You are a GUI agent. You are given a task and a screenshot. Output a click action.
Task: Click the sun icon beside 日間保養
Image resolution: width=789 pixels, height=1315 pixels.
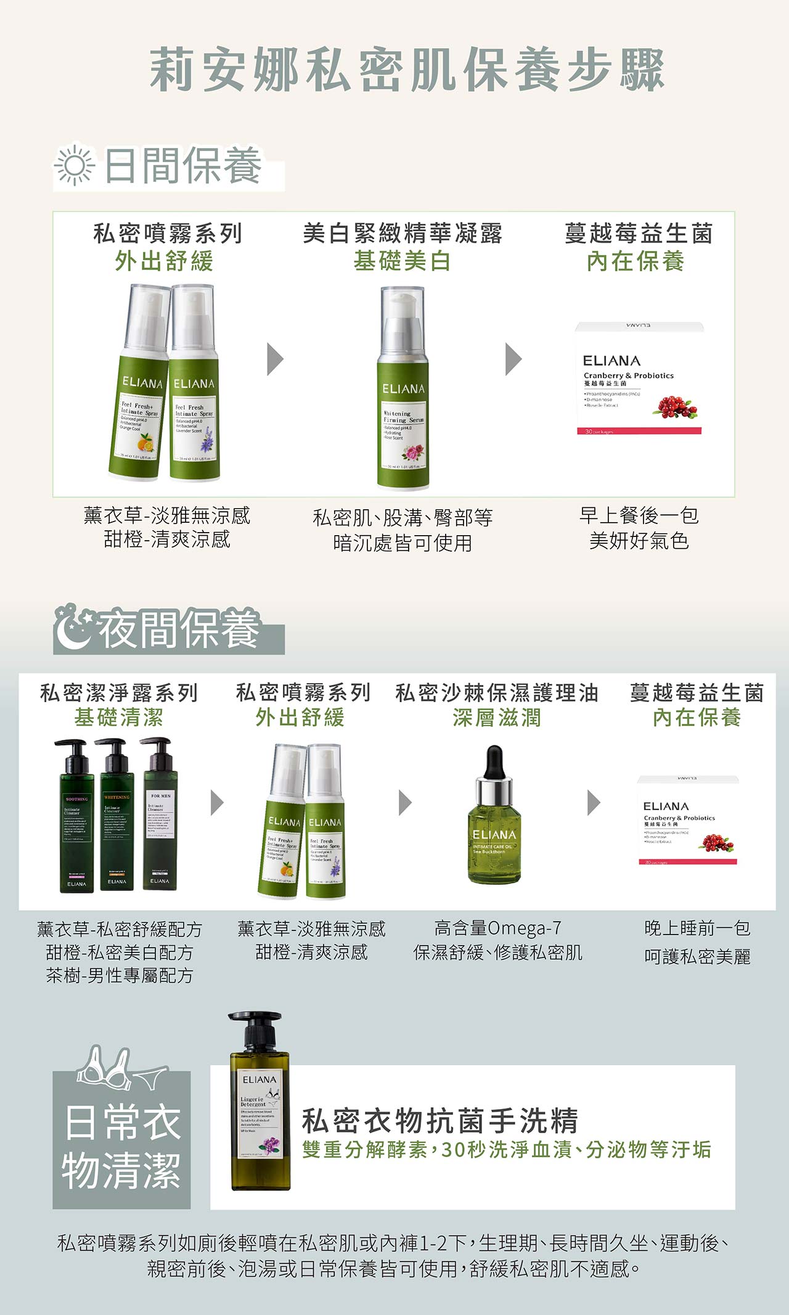75,165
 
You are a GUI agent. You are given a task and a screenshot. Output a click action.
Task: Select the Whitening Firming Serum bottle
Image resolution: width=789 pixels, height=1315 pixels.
403,388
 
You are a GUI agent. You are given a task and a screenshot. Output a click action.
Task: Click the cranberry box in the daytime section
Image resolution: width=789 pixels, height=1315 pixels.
639,379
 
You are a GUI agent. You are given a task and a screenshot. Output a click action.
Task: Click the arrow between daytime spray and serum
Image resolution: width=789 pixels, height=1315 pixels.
275,359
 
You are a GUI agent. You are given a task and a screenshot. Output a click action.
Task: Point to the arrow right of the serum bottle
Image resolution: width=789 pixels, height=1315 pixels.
513,359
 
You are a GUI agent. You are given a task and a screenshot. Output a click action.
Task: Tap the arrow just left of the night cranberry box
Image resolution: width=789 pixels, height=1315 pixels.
593,802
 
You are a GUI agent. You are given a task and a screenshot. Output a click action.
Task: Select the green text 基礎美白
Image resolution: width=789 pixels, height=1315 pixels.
402,261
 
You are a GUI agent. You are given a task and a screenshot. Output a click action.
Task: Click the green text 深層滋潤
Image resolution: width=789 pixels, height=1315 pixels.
497,717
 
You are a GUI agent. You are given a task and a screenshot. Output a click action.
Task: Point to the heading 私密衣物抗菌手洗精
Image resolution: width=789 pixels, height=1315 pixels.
439,1120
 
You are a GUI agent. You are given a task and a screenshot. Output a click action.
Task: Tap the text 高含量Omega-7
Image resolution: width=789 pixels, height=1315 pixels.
497,928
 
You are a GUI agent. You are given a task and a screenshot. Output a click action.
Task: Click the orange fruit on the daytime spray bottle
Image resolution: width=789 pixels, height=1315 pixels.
145,443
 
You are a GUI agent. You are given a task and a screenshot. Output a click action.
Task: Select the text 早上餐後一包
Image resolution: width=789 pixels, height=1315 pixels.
639,515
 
